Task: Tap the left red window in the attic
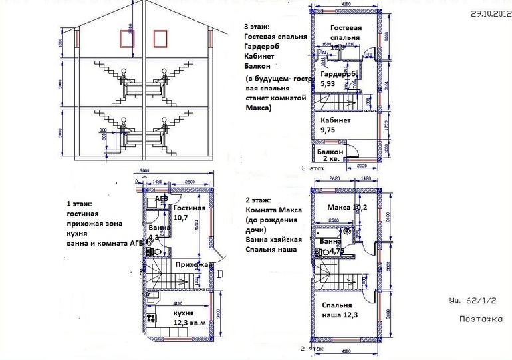tap(123, 39)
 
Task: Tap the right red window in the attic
tap(160, 39)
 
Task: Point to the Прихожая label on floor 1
tap(190, 265)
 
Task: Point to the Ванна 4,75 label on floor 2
tap(332, 246)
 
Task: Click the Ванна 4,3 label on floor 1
tap(158, 232)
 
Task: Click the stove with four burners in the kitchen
tap(152, 317)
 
